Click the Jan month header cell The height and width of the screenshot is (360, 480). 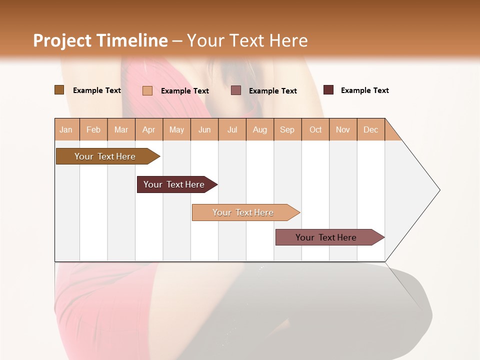tap(66, 130)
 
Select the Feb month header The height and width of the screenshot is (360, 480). tap(93, 130)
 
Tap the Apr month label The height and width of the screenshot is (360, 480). tap(148, 130)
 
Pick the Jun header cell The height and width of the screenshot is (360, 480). tap(204, 130)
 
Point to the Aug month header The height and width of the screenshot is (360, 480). tap(259, 130)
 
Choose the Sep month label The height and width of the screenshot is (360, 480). tap(287, 130)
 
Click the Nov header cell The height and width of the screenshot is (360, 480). tap(342, 130)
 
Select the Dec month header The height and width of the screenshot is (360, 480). tap(370, 130)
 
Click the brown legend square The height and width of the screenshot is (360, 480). tap(59, 90)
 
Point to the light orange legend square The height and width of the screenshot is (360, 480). tap(147, 90)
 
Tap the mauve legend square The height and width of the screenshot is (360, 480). tap(236, 90)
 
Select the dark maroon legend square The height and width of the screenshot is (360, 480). tap(328, 90)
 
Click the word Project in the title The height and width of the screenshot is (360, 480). tap(62, 40)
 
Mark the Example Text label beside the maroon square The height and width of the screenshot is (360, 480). tap(364, 90)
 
